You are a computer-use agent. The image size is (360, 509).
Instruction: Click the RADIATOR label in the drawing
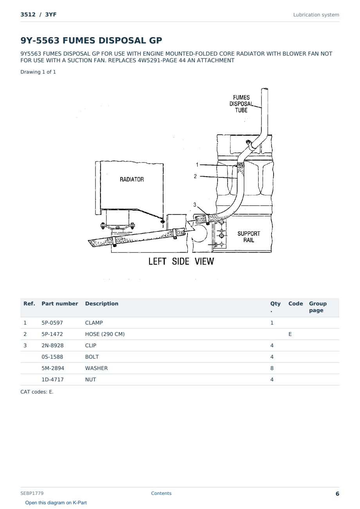point(132,179)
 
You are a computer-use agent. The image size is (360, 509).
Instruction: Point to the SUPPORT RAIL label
point(249,237)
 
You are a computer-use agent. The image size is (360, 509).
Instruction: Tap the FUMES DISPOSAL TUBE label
point(241,104)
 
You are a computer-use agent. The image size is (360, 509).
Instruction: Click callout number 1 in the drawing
point(197,164)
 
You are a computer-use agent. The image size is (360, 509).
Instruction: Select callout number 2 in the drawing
point(195,176)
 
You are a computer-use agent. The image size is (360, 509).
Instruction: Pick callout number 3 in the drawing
point(194,205)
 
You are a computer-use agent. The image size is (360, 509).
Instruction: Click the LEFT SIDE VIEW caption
point(181,261)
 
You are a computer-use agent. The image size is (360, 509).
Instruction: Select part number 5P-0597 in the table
point(52,323)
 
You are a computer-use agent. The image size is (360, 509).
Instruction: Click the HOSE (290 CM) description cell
point(105,334)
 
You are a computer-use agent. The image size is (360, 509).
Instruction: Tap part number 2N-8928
point(52,345)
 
